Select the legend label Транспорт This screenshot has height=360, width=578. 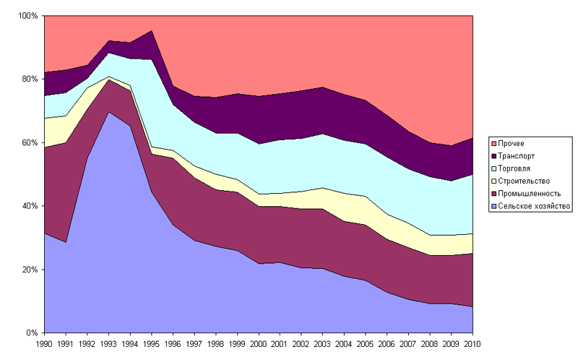(x=518, y=156)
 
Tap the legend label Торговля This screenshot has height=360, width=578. (x=517, y=168)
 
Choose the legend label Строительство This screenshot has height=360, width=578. (x=525, y=181)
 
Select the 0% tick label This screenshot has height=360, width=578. (x=33, y=333)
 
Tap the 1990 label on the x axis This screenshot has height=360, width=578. (x=45, y=345)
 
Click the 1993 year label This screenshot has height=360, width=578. (x=108, y=345)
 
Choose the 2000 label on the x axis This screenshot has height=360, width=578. (x=257, y=345)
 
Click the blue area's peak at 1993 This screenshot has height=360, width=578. (x=108, y=113)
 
